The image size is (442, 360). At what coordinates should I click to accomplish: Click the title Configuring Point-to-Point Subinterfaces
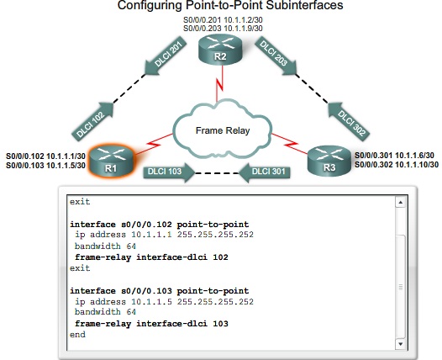coord(222,7)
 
